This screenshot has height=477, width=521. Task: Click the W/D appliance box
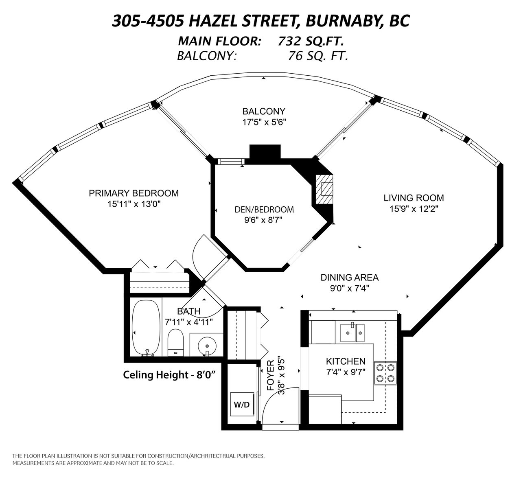point(242,404)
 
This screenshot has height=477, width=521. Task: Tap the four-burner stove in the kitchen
point(385,373)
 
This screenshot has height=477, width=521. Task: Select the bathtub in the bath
point(146,328)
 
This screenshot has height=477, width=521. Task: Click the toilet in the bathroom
point(175,343)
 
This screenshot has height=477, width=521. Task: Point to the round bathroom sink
point(207,346)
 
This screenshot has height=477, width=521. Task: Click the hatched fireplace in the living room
point(324,189)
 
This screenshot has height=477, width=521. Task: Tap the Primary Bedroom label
point(134,193)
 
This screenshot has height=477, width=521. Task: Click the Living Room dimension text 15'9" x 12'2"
point(414,209)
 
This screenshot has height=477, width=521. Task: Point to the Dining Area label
point(350,278)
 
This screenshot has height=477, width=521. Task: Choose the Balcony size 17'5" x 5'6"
point(264,122)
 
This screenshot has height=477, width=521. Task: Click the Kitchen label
point(346,361)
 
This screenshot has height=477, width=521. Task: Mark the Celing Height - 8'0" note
point(169,375)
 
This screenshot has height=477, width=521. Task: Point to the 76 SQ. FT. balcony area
point(318,56)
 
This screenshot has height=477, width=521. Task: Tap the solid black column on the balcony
point(265,152)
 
